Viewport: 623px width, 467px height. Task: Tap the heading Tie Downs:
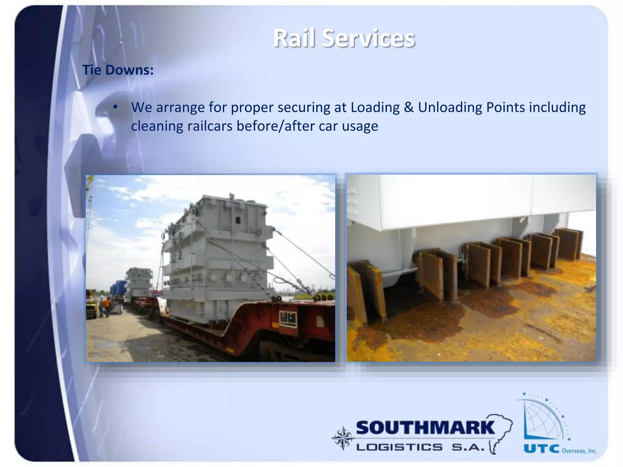(118, 70)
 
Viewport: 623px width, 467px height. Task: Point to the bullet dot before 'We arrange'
(115, 107)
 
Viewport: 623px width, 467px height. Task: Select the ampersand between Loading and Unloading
(409, 107)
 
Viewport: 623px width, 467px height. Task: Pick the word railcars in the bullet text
(210, 126)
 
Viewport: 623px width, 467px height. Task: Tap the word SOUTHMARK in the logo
(425, 428)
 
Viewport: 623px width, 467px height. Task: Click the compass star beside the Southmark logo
(343, 438)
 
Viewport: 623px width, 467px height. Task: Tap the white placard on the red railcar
(288, 319)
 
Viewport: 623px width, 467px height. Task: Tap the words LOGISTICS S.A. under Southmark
(420, 447)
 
